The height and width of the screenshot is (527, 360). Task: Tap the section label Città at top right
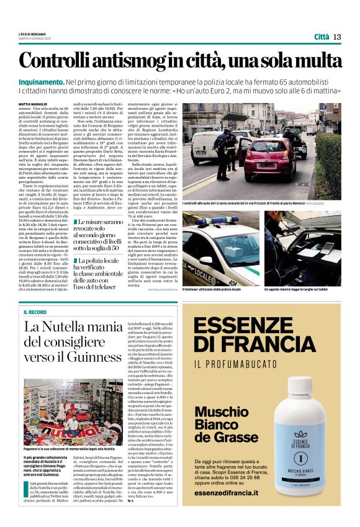[x=321, y=37]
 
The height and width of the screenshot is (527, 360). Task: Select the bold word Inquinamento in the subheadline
[x=41, y=82]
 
